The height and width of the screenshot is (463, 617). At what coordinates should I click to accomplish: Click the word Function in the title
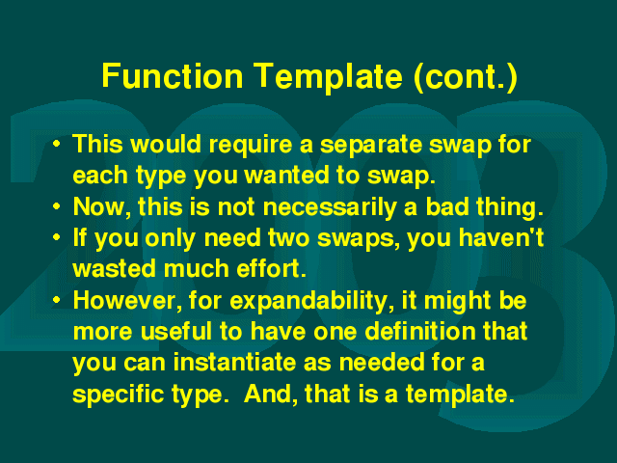[x=173, y=75]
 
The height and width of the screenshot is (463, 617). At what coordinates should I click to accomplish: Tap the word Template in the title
[x=328, y=77]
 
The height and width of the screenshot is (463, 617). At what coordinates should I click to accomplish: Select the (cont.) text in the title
[x=466, y=77]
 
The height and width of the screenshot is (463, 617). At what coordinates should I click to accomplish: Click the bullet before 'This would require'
[x=57, y=144]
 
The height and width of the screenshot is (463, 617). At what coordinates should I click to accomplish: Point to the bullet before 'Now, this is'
[x=57, y=206]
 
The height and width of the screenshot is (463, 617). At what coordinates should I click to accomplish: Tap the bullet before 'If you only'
[x=57, y=237]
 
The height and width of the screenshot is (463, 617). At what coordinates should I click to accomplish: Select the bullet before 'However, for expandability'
[x=57, y=300]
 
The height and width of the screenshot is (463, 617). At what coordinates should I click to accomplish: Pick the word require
[x=251, y=146]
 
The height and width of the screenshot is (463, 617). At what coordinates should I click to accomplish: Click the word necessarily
[x=330, y=208]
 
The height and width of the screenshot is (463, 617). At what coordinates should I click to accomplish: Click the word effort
[x=271, y=268]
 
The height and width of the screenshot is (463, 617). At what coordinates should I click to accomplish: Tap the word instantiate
[x=234, y=363]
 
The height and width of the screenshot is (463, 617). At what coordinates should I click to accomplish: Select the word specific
[x=118, y=395]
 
